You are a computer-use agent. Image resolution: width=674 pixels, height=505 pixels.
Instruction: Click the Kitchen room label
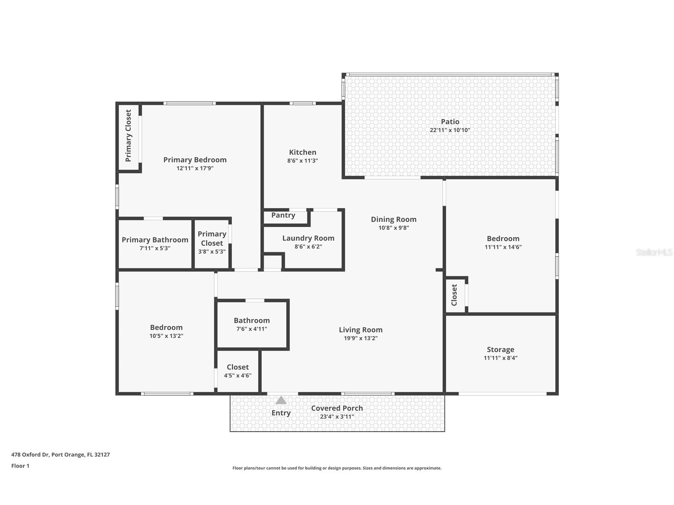click(303, 152)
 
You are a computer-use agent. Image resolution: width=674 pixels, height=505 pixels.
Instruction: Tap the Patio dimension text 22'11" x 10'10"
click(450, 130)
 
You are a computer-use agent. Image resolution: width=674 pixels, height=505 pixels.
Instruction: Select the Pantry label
click(283, 215)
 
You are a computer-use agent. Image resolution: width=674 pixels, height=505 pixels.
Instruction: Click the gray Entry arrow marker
click(281, 400)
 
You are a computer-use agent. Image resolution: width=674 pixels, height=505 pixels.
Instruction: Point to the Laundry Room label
click(308, 238)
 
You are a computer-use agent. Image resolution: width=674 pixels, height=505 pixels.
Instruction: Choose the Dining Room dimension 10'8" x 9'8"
click(394, 228)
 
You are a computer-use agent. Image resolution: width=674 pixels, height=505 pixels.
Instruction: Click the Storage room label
click(500, 349)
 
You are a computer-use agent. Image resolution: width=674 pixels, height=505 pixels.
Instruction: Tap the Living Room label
click(361, 330)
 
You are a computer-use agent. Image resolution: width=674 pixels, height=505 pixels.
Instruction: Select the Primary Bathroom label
click(155, 240)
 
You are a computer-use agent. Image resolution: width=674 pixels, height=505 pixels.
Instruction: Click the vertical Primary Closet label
click(128, 136)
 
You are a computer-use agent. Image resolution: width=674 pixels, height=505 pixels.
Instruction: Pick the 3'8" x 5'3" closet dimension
click(212, 252)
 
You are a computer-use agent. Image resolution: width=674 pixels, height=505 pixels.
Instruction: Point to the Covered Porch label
click(337, 408)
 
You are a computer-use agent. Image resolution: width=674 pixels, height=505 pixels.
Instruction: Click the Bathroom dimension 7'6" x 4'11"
click(252, 329)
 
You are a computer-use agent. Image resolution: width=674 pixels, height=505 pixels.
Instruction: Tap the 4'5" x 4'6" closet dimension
click(238, 376)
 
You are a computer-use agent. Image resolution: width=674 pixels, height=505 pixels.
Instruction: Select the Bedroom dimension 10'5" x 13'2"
click(166, 336)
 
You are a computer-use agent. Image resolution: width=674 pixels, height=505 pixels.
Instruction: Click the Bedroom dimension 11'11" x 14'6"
click(503, 247)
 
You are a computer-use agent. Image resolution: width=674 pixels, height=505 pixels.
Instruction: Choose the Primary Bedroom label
click(195, 160)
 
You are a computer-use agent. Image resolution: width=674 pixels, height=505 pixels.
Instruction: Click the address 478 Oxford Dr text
click(30, 455)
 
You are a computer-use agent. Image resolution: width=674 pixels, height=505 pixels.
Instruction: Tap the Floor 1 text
click(20, 466)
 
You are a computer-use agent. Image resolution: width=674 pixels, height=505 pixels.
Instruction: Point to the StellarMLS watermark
click(654, 252)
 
